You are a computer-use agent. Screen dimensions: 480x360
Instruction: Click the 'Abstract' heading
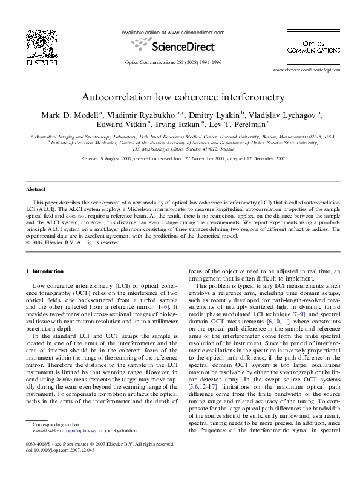click(34, 189)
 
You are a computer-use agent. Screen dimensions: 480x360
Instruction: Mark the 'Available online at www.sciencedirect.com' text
click(173, 32)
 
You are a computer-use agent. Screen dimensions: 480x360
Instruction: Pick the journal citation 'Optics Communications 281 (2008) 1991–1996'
click(173, 62)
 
